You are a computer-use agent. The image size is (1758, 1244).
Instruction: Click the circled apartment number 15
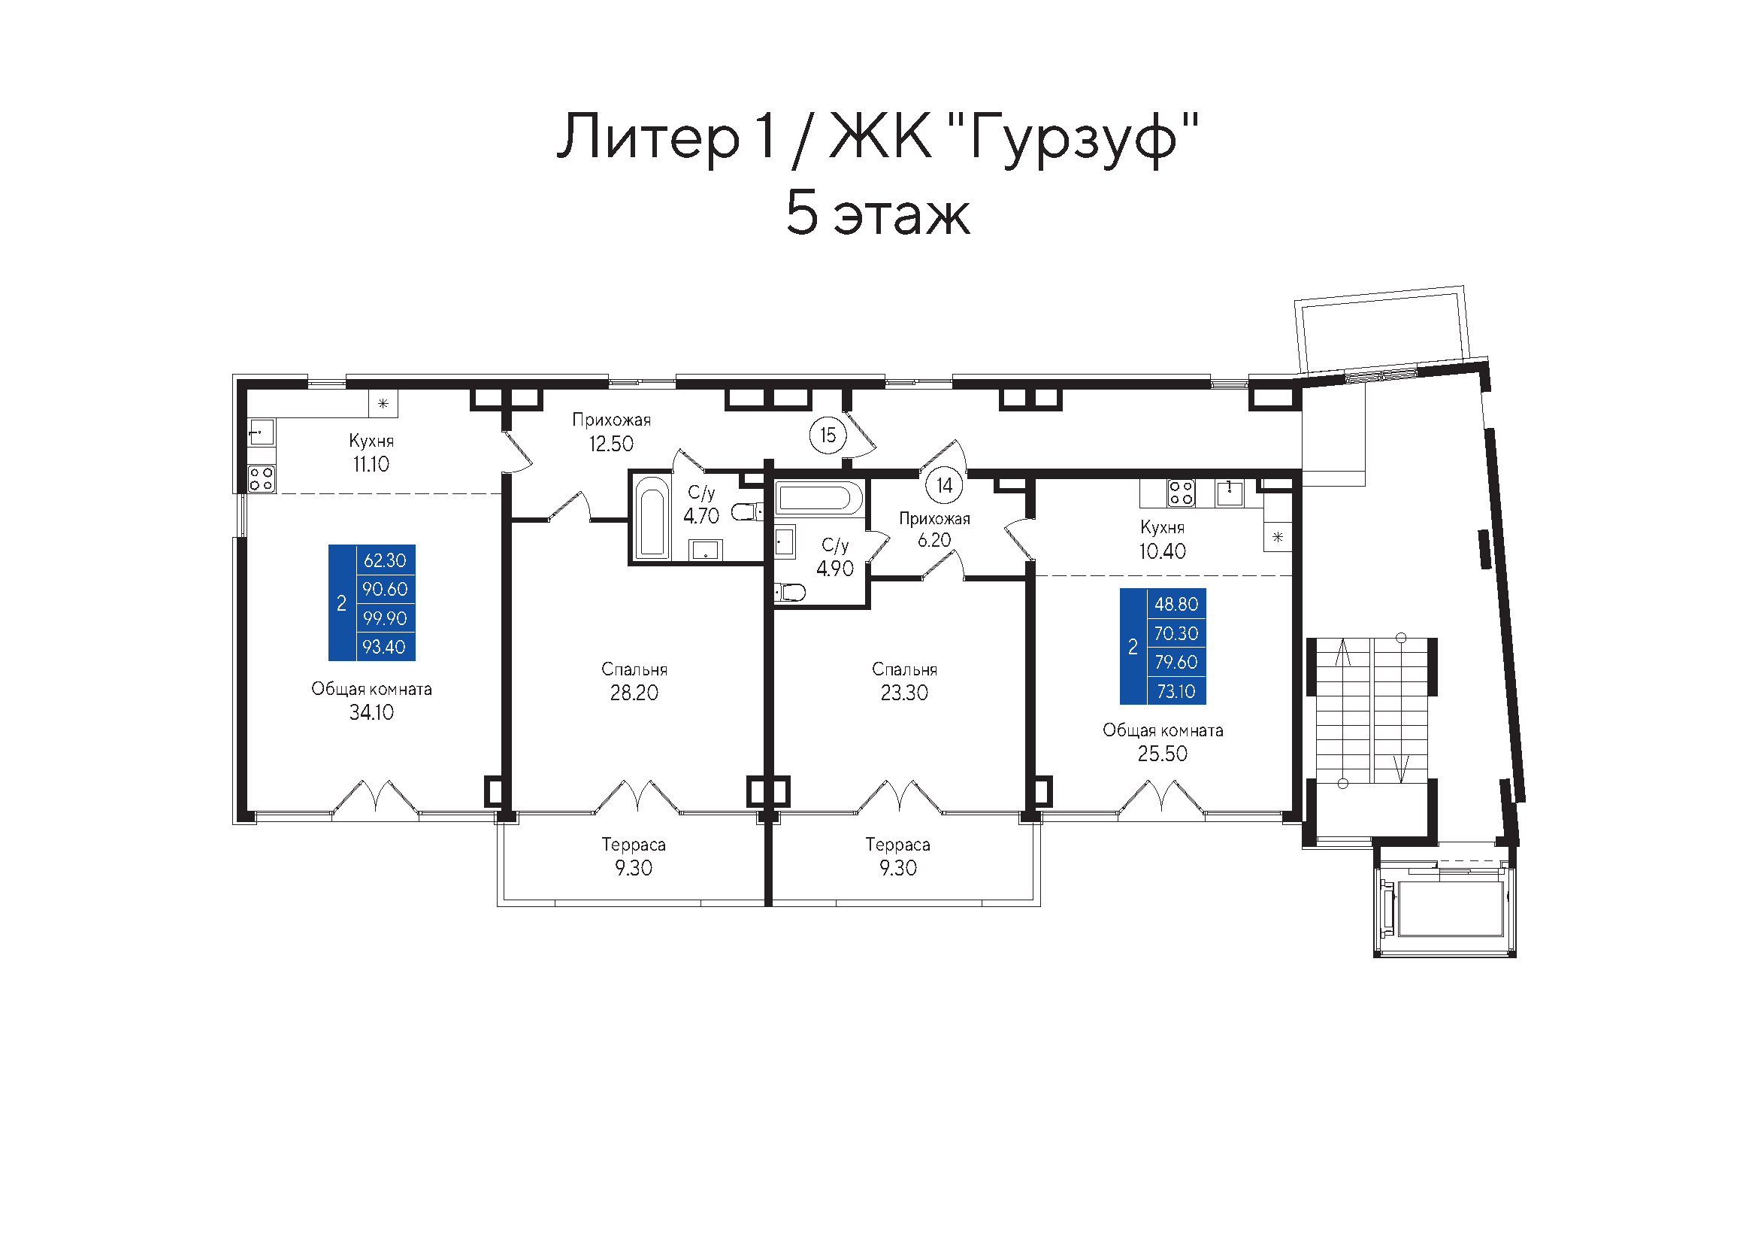pyautogui.click(x=828, y=435)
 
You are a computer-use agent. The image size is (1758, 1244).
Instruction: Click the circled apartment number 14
pyautogui.click(x=944, y=485)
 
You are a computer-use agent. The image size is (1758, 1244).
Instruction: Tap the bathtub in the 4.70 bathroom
pyautogui.click(x=652, y=517)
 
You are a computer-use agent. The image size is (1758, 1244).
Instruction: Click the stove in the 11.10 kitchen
pyautogui.click(x=261, y=479)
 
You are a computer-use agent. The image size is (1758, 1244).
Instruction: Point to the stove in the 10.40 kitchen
pyautogui.click(x=1181, y=493)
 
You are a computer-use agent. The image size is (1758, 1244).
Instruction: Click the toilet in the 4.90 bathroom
pyautogui.click(x=789, y=592)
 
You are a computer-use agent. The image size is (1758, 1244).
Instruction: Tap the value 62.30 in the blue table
pyautogui.click(x=385, y=561)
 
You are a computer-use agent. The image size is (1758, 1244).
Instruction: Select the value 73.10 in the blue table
pyautogui.click(x=1176, y=692)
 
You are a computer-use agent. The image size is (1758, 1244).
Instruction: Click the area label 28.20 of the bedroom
pyautogui.click(x=634, y=693)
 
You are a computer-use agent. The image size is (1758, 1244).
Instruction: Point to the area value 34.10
pyautogui.click(x=371, y=712)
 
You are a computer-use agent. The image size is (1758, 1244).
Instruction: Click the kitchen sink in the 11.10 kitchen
pyautogui.click(x=261, y=432)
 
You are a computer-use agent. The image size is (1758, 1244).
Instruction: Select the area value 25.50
pyautogui.click(x=1162, y=754)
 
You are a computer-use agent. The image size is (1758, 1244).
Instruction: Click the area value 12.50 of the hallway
pyautogui.click(x=611, y=445)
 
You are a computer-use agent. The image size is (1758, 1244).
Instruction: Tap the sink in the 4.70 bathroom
pyautogui.click(x=705, y=550)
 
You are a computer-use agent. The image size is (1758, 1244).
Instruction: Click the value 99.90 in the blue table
pyautogui.click(x=385, y=618)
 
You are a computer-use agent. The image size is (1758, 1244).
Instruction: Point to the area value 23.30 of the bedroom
pyautogui.click(x=904, y=693)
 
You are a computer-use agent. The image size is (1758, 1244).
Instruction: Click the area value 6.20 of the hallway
pyautogui.click(x=934, y=541)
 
